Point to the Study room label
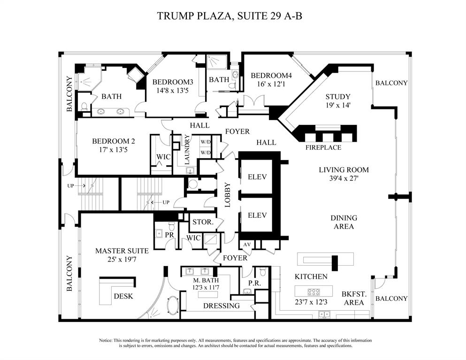pos(337,97)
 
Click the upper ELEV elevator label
pos(257,177)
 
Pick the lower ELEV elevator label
pos(257,215)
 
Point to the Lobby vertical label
pos(228,194)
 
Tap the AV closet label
pos(246,245)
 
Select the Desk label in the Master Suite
pos(123,296)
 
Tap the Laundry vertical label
pos(187,149)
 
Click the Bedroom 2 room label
pos(113,141)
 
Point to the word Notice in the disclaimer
pos(107,340)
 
